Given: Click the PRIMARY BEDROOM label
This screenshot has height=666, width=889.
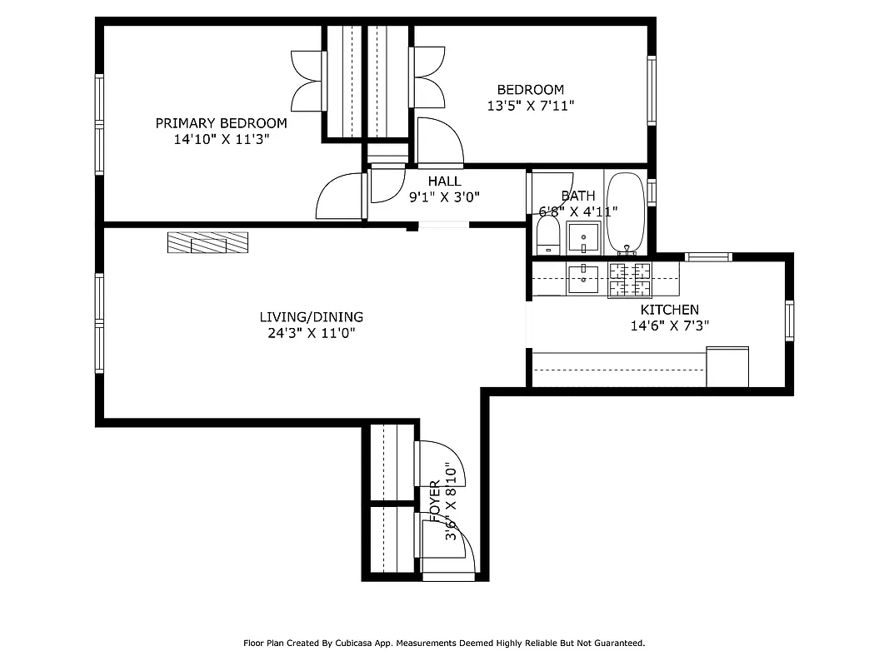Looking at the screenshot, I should [x=221, y=123].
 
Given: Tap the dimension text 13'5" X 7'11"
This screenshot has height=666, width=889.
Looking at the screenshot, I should [x=530, y=106].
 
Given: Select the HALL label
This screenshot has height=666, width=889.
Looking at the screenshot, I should [x=444, y=181].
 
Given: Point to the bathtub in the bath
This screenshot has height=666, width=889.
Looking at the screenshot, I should [x=624, y=212].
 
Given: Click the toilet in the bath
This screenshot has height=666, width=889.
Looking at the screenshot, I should [x=547, y=236].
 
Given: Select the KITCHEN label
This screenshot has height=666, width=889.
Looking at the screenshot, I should [x=669, y=310].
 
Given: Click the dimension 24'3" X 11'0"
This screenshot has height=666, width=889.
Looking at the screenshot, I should [x=311, y=333].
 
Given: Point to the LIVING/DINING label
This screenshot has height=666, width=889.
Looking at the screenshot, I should [x=311, y=317].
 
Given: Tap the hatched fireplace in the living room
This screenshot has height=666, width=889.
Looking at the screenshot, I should [x=208, y=242].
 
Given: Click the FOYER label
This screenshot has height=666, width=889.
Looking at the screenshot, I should [x=435, y=500].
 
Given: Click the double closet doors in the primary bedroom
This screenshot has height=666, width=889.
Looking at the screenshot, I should [x=307, y=80].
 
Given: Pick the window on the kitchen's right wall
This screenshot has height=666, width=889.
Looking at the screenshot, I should [x=789, y=321].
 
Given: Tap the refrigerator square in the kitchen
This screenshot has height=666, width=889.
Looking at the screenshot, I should [x=727, y=367].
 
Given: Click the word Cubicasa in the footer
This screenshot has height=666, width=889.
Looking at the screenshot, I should [x=354, y=643].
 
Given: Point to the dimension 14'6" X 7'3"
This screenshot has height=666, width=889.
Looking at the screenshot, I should [x=669, y=326].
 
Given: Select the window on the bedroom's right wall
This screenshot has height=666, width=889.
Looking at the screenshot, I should [x=652, y=90].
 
